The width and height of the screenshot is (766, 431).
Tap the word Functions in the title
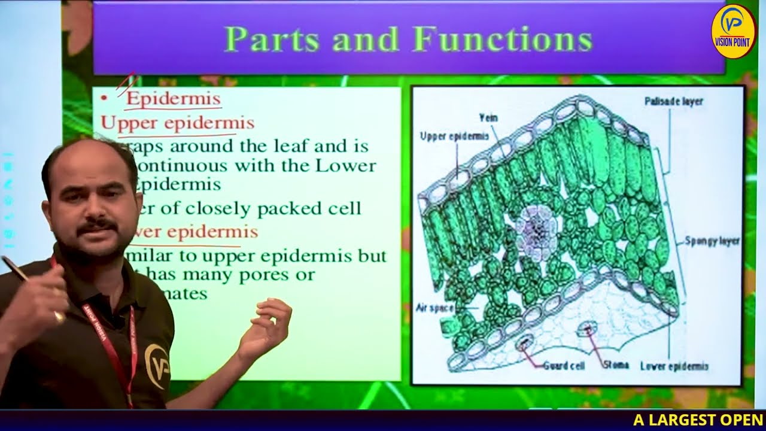tap(503, 40)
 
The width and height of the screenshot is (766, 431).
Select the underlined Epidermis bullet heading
tap(173, 99)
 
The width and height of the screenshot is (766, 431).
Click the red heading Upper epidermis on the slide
tap(178, 123)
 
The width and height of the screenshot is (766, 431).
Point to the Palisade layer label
tap(673, 102)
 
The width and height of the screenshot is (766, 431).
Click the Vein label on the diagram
tap(488, 118)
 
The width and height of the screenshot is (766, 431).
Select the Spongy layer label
tap(712, 241)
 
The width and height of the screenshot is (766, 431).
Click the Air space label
tap(434, 308)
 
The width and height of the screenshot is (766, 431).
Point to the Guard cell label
tap(564, 365)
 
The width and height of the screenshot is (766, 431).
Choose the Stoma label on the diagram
tap(616, 365)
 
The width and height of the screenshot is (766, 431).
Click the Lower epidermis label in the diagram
tap(674, 366)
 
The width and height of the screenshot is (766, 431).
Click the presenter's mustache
tap(98, 226)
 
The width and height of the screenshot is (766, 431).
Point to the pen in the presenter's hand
tap(18, 269)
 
